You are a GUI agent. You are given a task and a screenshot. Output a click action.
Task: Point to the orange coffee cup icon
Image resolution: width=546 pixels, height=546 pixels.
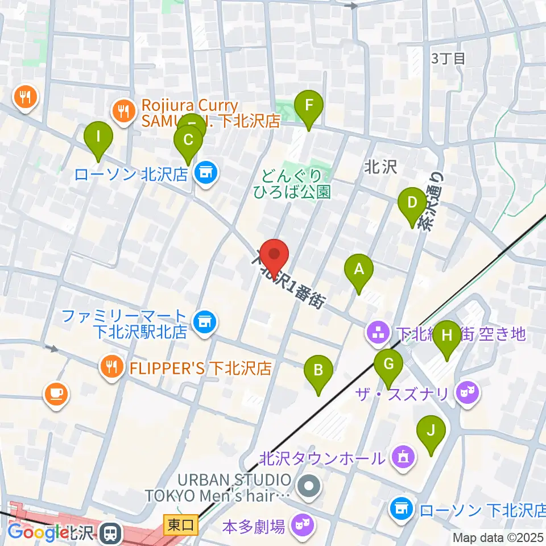click(x=56, y=394)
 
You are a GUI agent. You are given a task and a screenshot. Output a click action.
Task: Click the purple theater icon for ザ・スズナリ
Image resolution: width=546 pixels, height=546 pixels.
click(x=469, y=392)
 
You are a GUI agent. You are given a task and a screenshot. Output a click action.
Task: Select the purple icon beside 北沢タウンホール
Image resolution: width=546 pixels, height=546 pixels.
click(x=403, y=456)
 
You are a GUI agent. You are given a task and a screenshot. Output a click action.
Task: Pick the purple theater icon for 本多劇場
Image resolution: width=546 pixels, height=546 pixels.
click(x=301, y=525)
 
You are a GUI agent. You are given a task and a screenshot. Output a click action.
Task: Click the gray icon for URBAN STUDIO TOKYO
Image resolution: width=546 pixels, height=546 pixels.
click(x=309, y=486)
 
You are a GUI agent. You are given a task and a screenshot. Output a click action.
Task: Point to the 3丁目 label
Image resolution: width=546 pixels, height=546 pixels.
click(x=449, y=57)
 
